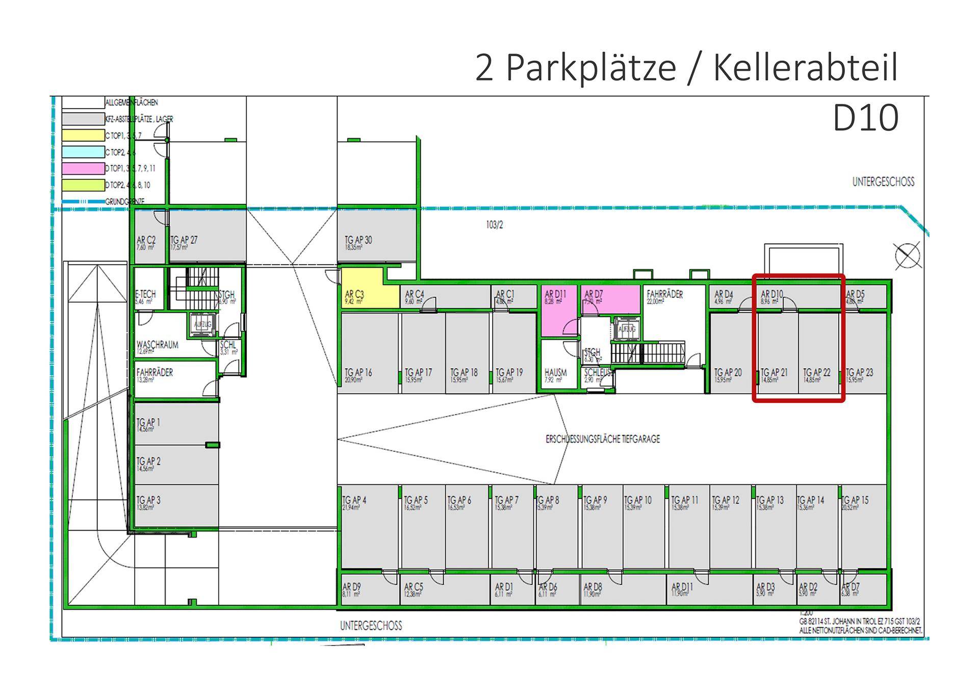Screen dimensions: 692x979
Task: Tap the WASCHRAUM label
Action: pos(157,345)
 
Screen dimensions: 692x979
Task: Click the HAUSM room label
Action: pos(555,373)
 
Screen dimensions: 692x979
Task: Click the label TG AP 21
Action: pos(774,373)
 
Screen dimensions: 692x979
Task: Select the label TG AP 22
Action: pos(816,373)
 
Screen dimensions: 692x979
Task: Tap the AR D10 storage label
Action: pos(771,295)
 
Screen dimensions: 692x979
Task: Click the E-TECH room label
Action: pos(145,295)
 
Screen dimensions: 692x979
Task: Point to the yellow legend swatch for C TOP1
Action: pos(83,136)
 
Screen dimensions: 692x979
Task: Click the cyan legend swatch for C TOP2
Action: pos(83,152)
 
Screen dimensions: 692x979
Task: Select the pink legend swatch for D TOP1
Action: pos(83,168)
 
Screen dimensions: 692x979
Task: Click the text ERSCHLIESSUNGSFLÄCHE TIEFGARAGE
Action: pos(603,439)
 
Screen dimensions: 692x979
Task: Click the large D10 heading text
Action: pos(865,118)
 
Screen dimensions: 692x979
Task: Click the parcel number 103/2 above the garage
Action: pos(494,225)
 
